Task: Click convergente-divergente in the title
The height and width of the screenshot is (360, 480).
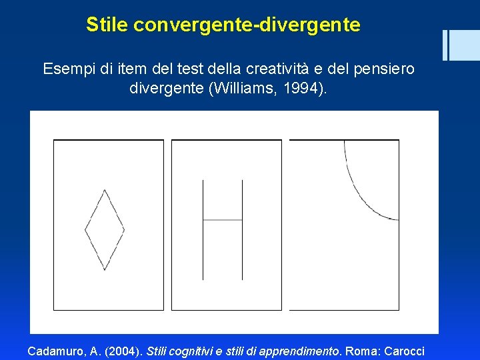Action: tap(247, 25)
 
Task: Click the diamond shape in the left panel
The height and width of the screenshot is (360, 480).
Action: tap(105, 230)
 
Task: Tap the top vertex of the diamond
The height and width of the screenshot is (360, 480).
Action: tap(105, 190)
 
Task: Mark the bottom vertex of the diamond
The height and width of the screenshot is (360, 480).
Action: tap(105, 270)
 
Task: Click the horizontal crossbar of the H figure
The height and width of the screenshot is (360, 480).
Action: tap(223, 220)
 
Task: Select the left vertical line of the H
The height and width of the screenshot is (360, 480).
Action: tap(203, 230)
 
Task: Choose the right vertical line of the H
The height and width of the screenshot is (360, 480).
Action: tap(242, 230)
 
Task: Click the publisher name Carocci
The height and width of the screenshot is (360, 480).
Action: tap(402, 350)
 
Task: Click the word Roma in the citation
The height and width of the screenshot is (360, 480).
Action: tap(361, 350)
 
